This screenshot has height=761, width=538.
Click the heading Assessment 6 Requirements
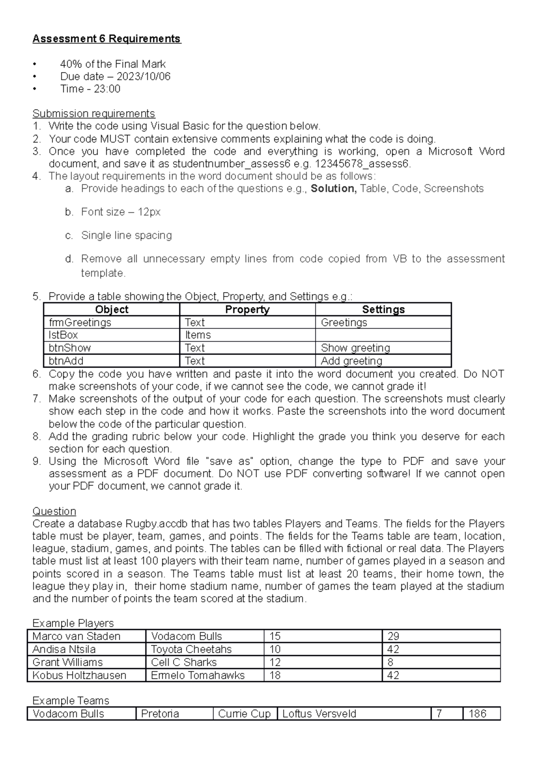tap(106, 39)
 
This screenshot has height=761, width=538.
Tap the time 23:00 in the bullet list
tap(107, 89)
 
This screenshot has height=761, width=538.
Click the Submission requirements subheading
tap(94, 113)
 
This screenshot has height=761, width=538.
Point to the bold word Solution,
tap(334, 189)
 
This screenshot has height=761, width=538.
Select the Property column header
tap(247, 310)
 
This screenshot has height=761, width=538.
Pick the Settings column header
tap(383, 310)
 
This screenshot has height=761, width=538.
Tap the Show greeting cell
tap(356, 348)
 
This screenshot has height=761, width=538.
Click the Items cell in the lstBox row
tap(198, 335)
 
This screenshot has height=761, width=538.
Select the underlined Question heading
tap(54, 511)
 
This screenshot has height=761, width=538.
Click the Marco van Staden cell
tap(76, 636)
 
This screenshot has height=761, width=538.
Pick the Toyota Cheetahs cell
tap(191, 649)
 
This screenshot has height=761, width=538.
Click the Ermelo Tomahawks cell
tap(198, 675)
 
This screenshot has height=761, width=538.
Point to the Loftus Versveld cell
tap(319, 714)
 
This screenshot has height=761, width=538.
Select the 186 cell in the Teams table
tap(477, 714)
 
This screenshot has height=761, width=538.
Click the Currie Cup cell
tap(244, 714)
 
